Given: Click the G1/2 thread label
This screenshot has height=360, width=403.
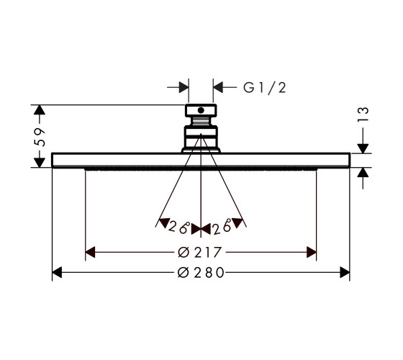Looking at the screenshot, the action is point(265,88).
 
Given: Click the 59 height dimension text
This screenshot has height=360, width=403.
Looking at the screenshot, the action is point(40,137).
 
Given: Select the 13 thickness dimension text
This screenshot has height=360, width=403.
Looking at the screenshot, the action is point(363,114).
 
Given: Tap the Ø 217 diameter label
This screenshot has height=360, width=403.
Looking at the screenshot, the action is point(199,252).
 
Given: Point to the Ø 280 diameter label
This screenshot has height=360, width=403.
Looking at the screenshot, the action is point(201,273).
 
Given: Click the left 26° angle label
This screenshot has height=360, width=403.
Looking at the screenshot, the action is point(179,227).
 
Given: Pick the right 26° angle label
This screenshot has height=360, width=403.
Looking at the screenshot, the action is point(222,227).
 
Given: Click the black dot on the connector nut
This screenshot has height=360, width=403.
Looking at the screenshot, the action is point(201,110).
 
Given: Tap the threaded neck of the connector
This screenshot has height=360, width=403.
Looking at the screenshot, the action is point(201,122).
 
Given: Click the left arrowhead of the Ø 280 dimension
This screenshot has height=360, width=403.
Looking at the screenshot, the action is point(57,272).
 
